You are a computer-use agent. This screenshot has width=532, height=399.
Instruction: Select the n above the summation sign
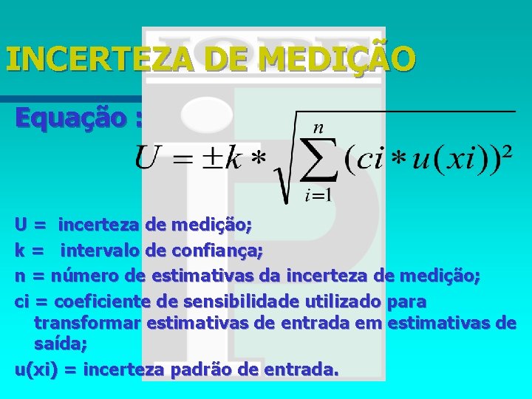[318, 127]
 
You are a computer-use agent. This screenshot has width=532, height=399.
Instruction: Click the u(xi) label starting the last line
[36, 369]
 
